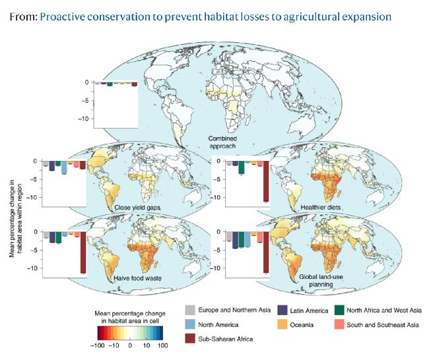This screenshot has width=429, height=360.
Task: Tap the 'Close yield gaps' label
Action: pos(139,208)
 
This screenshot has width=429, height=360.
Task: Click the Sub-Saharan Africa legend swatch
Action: pos(190,339)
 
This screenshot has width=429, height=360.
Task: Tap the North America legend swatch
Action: pos(190,324)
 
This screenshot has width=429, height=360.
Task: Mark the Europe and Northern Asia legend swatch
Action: pos(190,309)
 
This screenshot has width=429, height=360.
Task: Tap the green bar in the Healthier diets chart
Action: pos(242,167)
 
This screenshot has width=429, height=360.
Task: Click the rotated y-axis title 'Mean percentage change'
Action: pos(15,211)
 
